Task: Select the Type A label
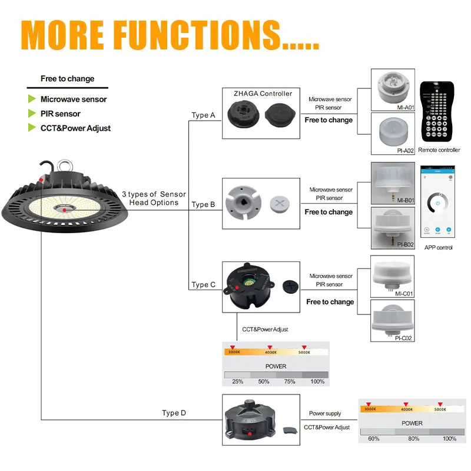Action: pyautogui.click(x=203, y=115)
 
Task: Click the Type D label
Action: pyautogui.click(x=174, y=413)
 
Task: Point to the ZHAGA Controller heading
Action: pyautogui.click(x=263, y=94)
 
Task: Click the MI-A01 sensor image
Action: pyautogui.click(x=393, y=88)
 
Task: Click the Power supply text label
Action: pyautogui.click(x=325, y=414)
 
